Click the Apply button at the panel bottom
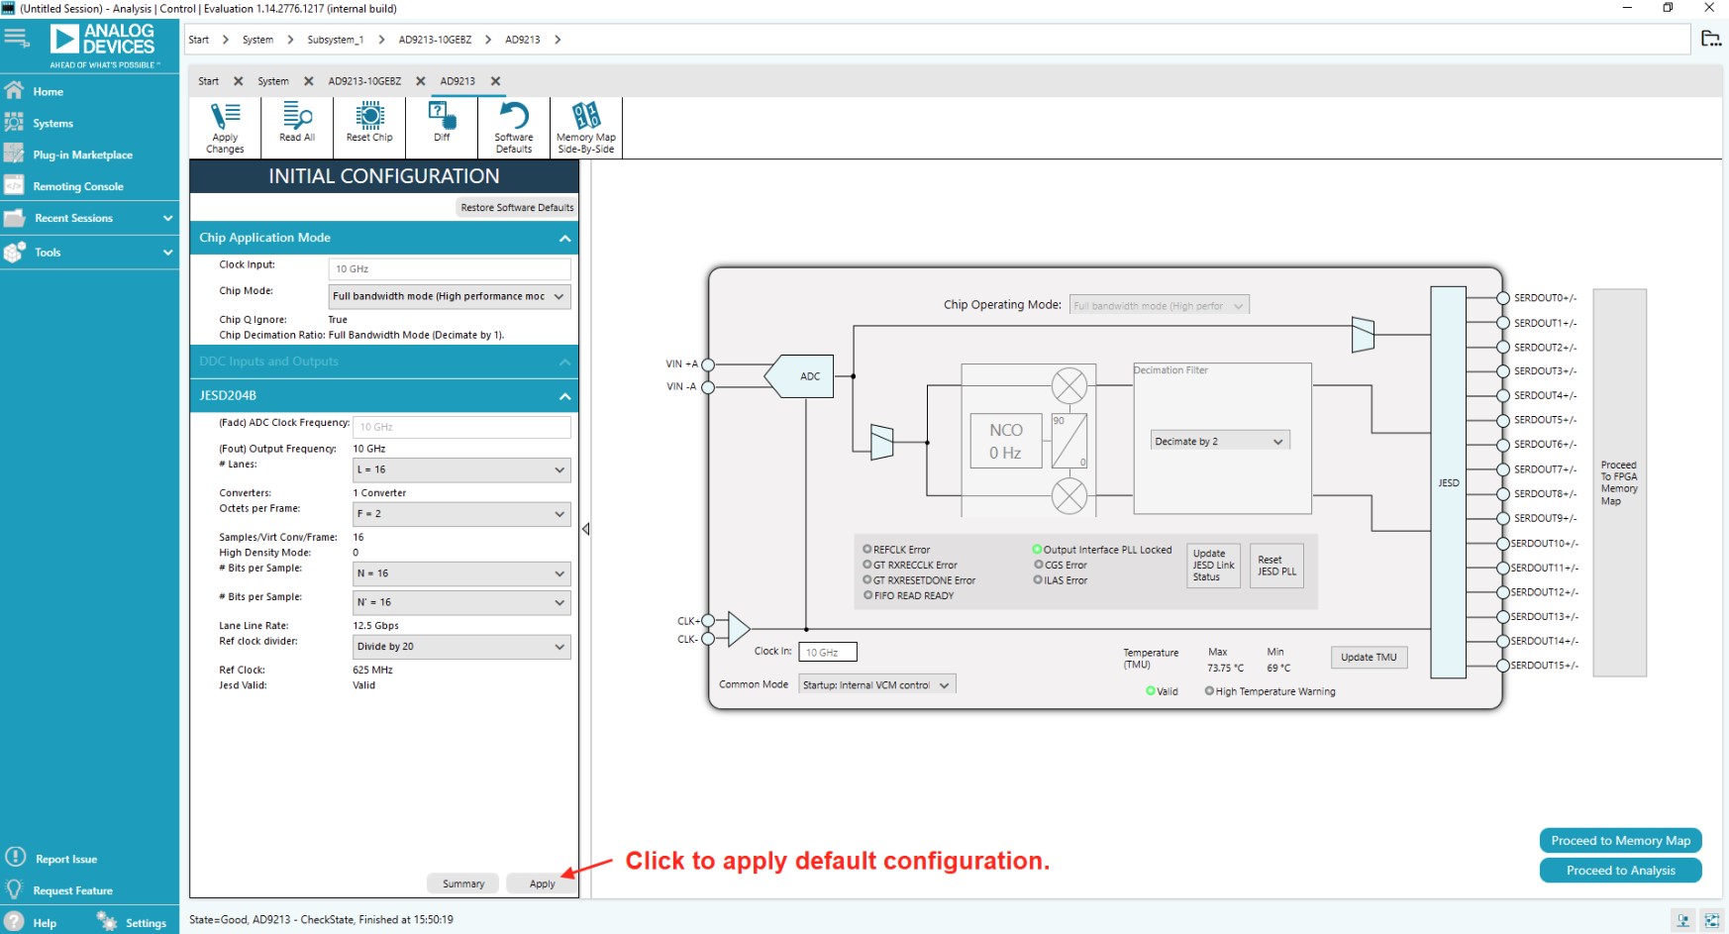click(x=542, y=883)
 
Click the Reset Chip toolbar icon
click(x=369, y=124)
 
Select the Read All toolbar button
click(x=297, y=124)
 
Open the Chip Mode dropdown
click(x=450, y=296)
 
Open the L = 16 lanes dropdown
click(x=461, y=469)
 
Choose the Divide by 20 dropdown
click(x=461, y=647)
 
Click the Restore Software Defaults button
click(x=517, y=207)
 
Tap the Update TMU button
click(x=1369, y=657)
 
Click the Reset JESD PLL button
click(x=1276, y=566)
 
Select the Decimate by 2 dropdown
click(x=1219, y=441)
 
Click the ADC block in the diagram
click(x=809, y=376)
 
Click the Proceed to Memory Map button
click(x=1620, y=841)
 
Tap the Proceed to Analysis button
click(x=1620, y=871)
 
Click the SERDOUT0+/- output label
click(x=1545, y=298)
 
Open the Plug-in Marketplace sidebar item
click(x=82, y=155)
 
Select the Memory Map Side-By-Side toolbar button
click(x=585, y=127)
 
